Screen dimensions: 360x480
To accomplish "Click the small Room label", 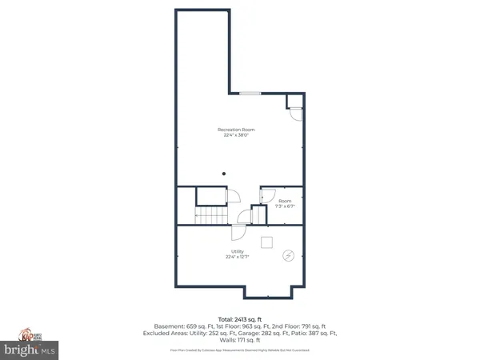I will (x=285, y=200).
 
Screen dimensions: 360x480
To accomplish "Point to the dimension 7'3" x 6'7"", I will (x=285, y=206).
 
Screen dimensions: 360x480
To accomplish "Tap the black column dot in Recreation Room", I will (x=225, y=173).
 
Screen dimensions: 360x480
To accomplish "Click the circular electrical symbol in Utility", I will (x=288, y=257).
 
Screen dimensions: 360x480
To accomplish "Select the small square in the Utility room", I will (x=267, y=242).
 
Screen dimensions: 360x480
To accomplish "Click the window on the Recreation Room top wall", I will (x=250, y=94).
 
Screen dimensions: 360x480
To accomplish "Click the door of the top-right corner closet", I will (x=296, y=114).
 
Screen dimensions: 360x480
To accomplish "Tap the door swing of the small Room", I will (x=268, y=195).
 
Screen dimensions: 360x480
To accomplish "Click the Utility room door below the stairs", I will (x=238, y=232).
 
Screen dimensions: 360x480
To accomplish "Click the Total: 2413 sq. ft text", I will (x=239, y=318).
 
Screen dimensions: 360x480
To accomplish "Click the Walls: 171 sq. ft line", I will (x=239, y=339).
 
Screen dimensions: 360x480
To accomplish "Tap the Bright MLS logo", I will (x=32, y=350).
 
